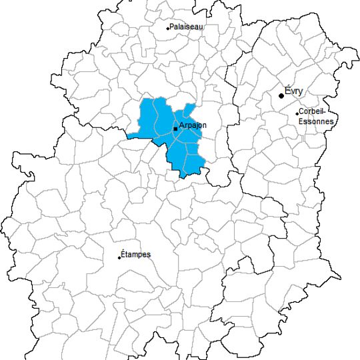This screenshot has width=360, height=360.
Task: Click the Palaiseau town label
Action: pos(186,27)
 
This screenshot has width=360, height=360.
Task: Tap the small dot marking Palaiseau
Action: pos(167,28)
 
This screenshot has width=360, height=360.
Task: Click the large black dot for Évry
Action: pos(281,96)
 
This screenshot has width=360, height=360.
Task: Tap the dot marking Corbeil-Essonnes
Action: pos(297,113)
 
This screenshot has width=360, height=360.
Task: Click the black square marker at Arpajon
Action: pos(175,129)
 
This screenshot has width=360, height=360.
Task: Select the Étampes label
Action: pos(137,255)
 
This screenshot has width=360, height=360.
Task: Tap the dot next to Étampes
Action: pos(119,257)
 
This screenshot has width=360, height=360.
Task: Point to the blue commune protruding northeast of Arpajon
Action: pos(190,109)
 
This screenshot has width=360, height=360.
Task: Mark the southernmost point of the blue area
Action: pos(181,177)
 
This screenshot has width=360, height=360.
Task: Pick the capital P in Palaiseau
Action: pos(172,27)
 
